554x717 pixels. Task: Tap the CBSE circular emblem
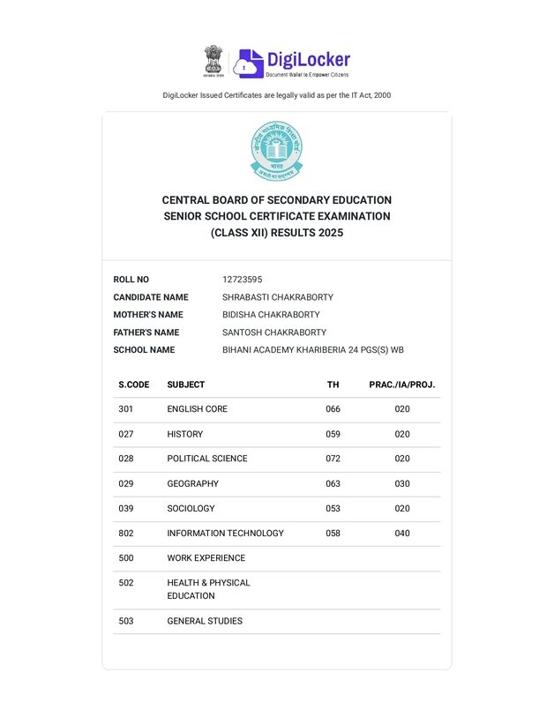[x=277, y=150]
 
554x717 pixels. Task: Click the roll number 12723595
[x=242, y=280]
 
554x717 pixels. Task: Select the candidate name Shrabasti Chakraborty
[x=278, y=297]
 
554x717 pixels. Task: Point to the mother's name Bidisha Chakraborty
[x=271, y=315]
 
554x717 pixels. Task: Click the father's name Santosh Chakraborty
[x=274, y=332]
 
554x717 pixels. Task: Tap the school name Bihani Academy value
[x=312, y=350]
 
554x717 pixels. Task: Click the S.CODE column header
[x=134, y=385]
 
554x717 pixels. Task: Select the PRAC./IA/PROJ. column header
[x=401, y=385]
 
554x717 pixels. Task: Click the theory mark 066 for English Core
[x=333, y=409]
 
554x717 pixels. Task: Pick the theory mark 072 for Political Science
[x=333, y=459]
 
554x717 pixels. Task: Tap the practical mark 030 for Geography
[x=402, y=483]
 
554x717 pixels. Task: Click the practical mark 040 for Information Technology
[x=402, y=533]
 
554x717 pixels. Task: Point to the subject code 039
[x=125, y=508]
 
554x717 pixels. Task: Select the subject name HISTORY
[x=184, y=434]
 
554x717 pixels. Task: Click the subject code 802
[x=125, y=533]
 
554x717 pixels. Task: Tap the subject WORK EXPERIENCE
[x=206, y=557]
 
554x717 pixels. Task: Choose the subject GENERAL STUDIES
[x=205, y=621]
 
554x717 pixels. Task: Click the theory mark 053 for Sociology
[x=333, y=508]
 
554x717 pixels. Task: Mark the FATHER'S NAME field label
[x=146, y=332]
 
